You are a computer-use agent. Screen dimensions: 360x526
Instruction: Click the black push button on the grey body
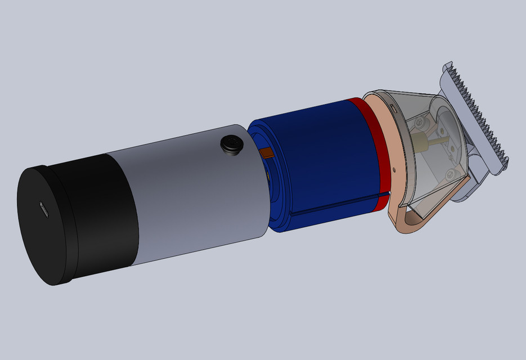click(x=231, y=145)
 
